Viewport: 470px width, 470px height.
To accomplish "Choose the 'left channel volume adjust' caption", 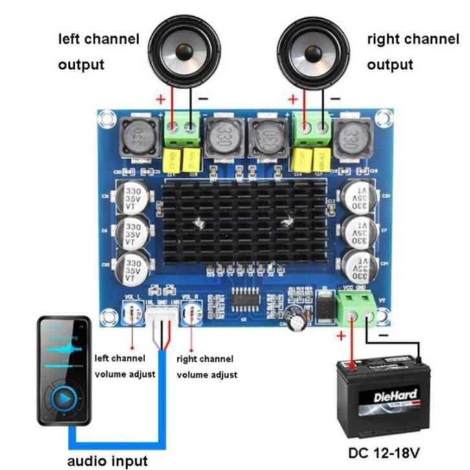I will click(x=125, y=366).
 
